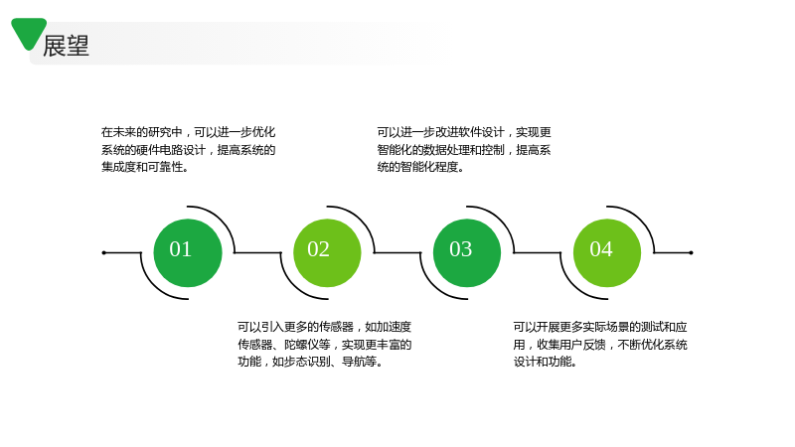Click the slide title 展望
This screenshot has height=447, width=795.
(x=66, y=46)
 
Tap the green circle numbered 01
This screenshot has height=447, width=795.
(x=188, y=253)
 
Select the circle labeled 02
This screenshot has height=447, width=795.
(x=327, y=253)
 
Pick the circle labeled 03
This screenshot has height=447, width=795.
(x=467, y=253)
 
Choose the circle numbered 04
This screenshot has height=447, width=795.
(x=607, y=253)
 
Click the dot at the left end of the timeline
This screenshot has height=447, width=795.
(x=104, y=252)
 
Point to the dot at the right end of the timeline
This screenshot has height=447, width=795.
(x=691, y=252)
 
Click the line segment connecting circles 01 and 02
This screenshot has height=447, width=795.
(x=257, y=252)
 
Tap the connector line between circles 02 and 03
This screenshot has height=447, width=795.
(x=397, y=252)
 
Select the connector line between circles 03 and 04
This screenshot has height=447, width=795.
(x=538, y=252)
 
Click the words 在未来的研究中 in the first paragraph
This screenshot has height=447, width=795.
(x=141, y=132)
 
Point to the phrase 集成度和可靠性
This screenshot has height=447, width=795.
(x=141, y=167)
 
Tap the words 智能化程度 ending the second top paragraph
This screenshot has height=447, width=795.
(x=429, y=167)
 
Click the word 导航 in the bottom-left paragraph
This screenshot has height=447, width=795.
(x=353, y=362)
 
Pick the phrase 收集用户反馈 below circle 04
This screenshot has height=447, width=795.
(x=571, y=345)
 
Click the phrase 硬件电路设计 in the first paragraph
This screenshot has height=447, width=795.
(x=170, y=150)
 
